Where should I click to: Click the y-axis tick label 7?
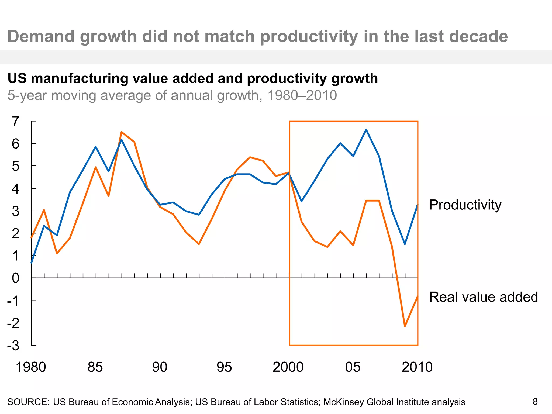[15, 122]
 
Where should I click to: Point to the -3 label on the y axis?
[13, 346]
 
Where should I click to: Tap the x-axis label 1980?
[31, 367]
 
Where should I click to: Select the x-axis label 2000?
[288, 367]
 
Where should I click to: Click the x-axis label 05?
[353, 367]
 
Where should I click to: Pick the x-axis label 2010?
[417, 367]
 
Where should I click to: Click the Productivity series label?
[465, 205]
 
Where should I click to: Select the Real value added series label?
[483, 297]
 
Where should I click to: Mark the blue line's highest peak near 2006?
[366, 130]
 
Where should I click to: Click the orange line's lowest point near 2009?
[405, 326]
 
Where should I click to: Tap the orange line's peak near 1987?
[122, 132]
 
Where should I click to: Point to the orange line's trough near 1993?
[199, 244]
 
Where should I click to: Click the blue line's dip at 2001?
[302, 201]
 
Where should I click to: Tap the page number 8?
[535, 402]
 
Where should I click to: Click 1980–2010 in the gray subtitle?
[302, 95]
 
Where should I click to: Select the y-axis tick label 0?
[15, 278]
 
